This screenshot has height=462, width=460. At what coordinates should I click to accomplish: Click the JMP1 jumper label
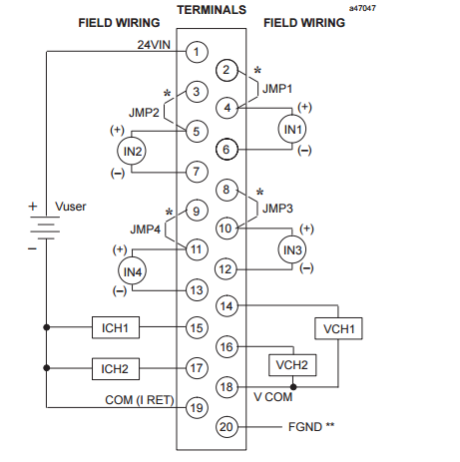click(x=277, y=89)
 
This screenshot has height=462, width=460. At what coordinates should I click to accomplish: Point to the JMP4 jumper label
click(x=145, y=230)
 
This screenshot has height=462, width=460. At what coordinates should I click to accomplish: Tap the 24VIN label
click(x=154, y=45)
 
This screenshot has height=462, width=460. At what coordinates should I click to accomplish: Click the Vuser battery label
click(x=71, y=207)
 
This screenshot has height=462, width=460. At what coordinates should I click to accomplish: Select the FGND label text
click(x=305, y=427)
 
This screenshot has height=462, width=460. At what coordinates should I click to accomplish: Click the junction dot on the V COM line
click(x=293, y=387)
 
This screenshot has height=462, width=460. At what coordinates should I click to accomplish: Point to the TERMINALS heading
click(x=212, y=10)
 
